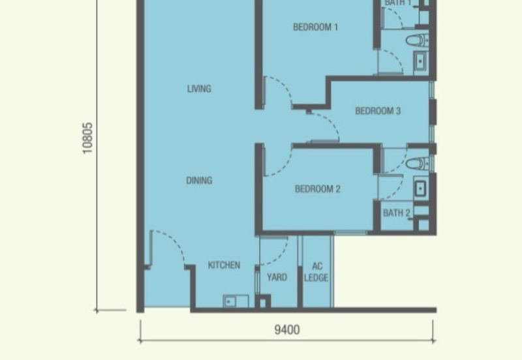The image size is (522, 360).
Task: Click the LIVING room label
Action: click(199, 89)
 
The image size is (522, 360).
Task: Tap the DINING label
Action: click(199, 181)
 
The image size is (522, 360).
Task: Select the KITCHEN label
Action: click(224, 265)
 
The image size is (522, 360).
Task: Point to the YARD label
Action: click(277, 277)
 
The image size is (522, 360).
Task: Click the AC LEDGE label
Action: click(316, 272)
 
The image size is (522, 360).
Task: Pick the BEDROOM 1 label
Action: click(316, 27)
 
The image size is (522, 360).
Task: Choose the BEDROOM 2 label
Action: click(318, 189)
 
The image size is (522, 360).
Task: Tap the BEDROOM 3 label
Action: click(378, 111)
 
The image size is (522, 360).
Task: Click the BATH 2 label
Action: click(397, 213)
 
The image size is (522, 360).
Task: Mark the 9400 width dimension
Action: click(287, 330)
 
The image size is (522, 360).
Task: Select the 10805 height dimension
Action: click(87, 138)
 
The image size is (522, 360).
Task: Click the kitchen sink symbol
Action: click(236, 301)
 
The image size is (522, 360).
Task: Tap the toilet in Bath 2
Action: click(418, 164)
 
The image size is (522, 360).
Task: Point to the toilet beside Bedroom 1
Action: click(417, 40)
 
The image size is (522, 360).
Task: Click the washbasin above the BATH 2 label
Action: click(420, 188)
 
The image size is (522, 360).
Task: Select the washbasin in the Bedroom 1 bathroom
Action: click(420, 62)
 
